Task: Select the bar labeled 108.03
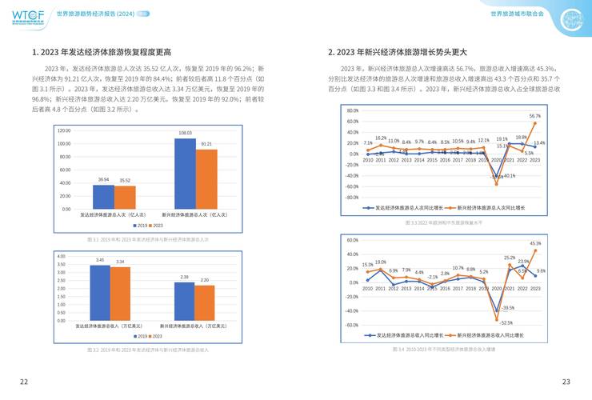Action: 185,173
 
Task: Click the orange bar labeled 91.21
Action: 206,179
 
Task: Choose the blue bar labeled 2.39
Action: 184,301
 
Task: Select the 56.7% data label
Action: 534,116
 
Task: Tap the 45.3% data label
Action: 534,243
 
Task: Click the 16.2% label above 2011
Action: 381,138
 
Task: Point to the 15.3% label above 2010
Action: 368,265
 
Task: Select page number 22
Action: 24,381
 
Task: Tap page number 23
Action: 566,381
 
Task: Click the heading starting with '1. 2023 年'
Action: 102,53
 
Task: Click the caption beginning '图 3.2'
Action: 148,350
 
